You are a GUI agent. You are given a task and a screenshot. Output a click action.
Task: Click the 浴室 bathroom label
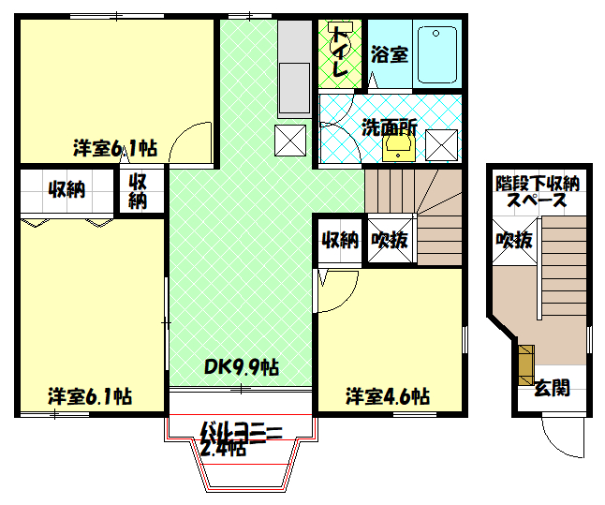tap(389, 54)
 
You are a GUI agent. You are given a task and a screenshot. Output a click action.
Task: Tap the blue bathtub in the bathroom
tap(435, 54)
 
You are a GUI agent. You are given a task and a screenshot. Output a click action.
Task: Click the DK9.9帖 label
tap(242, 365)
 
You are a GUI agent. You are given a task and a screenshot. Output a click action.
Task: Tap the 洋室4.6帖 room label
tap(387, 395)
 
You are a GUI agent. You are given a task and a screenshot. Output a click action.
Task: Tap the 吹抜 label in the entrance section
tap(514, 240)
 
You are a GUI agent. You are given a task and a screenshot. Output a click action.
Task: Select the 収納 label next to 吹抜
tap(340, 240)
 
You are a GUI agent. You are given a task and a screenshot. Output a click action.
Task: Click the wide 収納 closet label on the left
tap(66, 190)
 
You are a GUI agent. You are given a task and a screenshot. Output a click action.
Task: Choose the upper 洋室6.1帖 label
tap(115, 148)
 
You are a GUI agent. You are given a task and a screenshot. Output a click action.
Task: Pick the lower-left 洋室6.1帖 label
tap(89, 396)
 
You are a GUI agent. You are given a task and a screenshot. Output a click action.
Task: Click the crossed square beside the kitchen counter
tap(289, 141)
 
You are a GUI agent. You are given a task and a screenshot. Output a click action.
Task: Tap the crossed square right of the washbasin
tap(441, 144)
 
